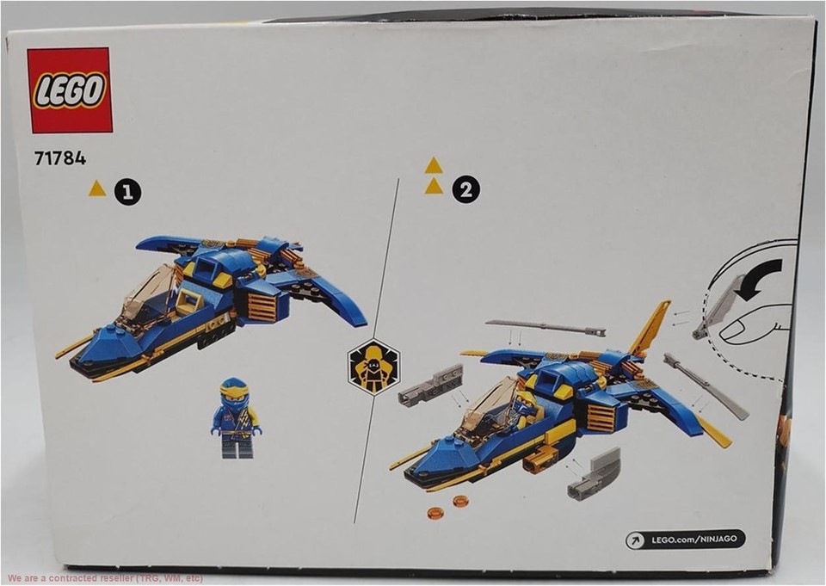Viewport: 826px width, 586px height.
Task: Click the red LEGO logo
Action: pos(70,89)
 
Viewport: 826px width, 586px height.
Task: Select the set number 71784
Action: pos(60,158)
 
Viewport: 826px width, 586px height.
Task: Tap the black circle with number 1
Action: pos(128,193)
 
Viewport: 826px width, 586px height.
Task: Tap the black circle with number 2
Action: pos(466,190)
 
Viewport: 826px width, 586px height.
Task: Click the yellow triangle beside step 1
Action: pos(97,188)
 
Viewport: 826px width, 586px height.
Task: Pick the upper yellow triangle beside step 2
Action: pos(434,165)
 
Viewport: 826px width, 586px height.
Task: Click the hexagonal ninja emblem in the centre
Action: pos(373,366)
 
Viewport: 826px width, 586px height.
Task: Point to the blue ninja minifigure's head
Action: pos(235,392)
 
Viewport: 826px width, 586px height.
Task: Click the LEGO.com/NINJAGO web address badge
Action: pos(685,540)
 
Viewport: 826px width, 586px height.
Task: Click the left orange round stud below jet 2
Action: pos(435,513)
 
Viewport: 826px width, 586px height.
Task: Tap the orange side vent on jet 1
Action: pos(262,306)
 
